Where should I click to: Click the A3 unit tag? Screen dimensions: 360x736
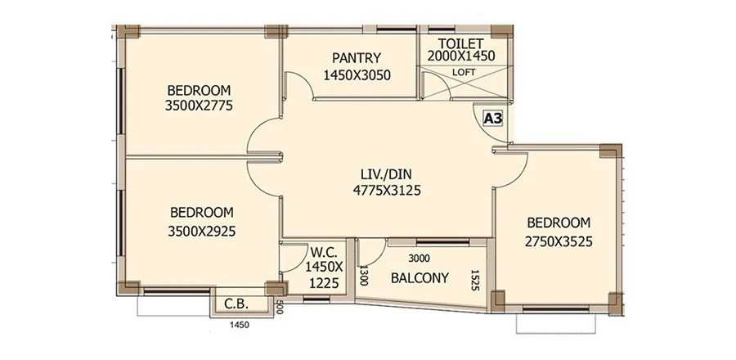pyautogui.click(x=493, y=119)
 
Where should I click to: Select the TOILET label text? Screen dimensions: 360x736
pyautogui.click(x=461, y=43)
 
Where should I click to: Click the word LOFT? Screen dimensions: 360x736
pyautogui.click(x=464, y=71)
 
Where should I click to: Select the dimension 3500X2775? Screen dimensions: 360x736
pyautogui.click(x=200, y=106)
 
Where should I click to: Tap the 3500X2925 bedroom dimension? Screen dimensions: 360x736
pyautogui.click(x=201, y=231)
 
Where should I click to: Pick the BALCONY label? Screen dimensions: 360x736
pyautogui.click(x=420, y=277)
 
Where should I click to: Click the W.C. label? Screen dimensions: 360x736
pyautogui.click(x=321, y=251)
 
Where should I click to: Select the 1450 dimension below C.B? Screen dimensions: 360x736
pyautogui.click(x=238, y=325)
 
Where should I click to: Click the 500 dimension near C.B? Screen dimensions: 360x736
pyautogui.click(x=279, y=307)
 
